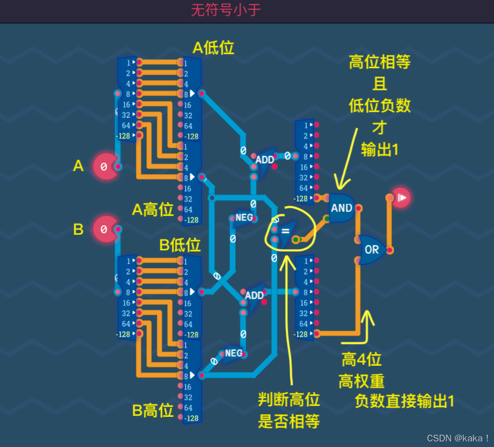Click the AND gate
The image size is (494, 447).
coord(341,208)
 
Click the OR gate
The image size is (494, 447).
coord(372,250)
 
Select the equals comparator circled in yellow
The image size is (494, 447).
coord(285,231)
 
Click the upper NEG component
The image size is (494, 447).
coord(244,218)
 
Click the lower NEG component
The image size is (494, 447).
coord(233,353)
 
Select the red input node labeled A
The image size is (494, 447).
coord(105,167)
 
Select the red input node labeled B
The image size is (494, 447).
coord(105,229)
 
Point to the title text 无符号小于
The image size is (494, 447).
coord(226,10)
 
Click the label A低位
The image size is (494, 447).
coord(213,48)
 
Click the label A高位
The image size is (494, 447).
coord(153,209)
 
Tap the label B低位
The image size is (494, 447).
coord(180,245)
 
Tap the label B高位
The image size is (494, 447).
coord(153,410)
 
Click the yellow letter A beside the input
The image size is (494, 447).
coord(78,166)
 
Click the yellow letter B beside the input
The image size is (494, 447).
coord(78,229)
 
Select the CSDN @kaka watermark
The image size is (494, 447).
coord(458,438)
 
